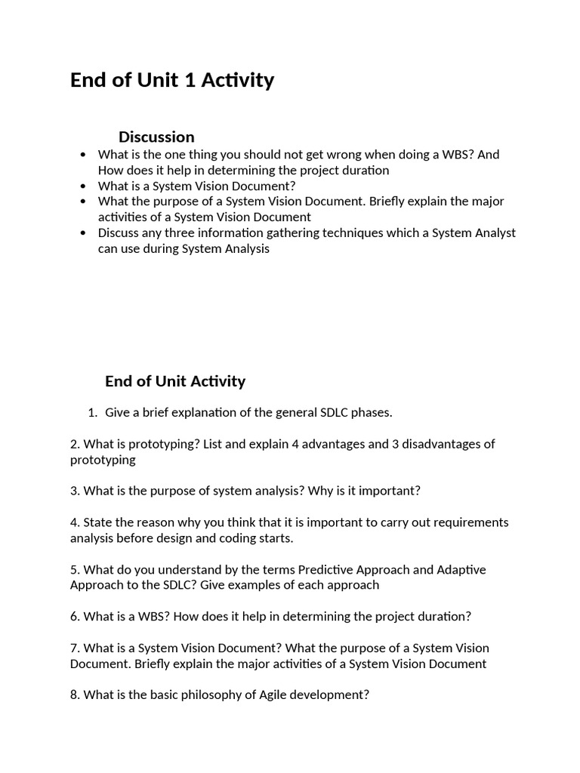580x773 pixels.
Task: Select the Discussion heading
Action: tap(156, 137)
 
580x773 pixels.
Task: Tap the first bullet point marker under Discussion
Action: tap(83, 155)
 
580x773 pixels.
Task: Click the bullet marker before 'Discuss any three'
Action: tap(83, 233)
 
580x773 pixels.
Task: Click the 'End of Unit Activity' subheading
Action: tap(175, 381)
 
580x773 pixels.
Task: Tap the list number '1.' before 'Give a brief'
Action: tap(92, 413)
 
